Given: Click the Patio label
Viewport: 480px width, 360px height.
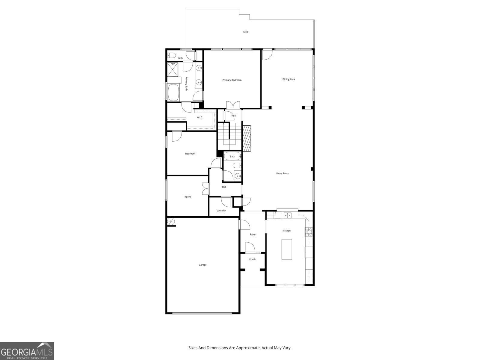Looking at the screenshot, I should point(245,32).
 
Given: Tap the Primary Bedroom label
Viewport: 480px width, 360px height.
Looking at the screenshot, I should point(232,80).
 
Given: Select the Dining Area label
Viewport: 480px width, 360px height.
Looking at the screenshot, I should point(289,79).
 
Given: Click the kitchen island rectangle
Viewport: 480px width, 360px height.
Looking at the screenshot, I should point(286,249).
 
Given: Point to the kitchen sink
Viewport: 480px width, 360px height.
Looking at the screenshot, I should point(288,215).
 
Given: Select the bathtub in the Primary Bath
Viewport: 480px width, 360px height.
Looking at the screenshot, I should point(173,92).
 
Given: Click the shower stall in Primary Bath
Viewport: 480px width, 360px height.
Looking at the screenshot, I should point(172,69).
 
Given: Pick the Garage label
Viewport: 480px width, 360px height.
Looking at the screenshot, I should point(202,265).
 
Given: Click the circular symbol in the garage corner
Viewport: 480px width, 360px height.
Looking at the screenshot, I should point(171,221).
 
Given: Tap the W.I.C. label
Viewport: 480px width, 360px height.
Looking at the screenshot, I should point(200,117).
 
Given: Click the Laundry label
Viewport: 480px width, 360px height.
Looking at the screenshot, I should point(221,211).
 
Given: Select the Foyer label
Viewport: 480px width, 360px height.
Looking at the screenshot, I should point(253,235).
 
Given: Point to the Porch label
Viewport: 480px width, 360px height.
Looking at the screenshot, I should point(252,259).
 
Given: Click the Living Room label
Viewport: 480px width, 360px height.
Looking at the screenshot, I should point(282,173).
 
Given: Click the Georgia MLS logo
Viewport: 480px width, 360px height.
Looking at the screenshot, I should point(27,351).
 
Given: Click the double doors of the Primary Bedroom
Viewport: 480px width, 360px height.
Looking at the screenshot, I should point(233,104).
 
